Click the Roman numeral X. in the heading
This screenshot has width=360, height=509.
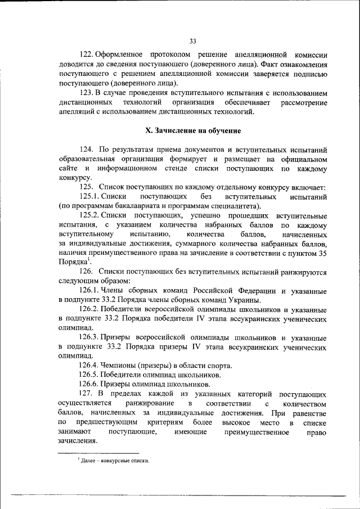(x=149, y=130)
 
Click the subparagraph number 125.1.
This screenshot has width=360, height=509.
(x=89, y=197)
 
